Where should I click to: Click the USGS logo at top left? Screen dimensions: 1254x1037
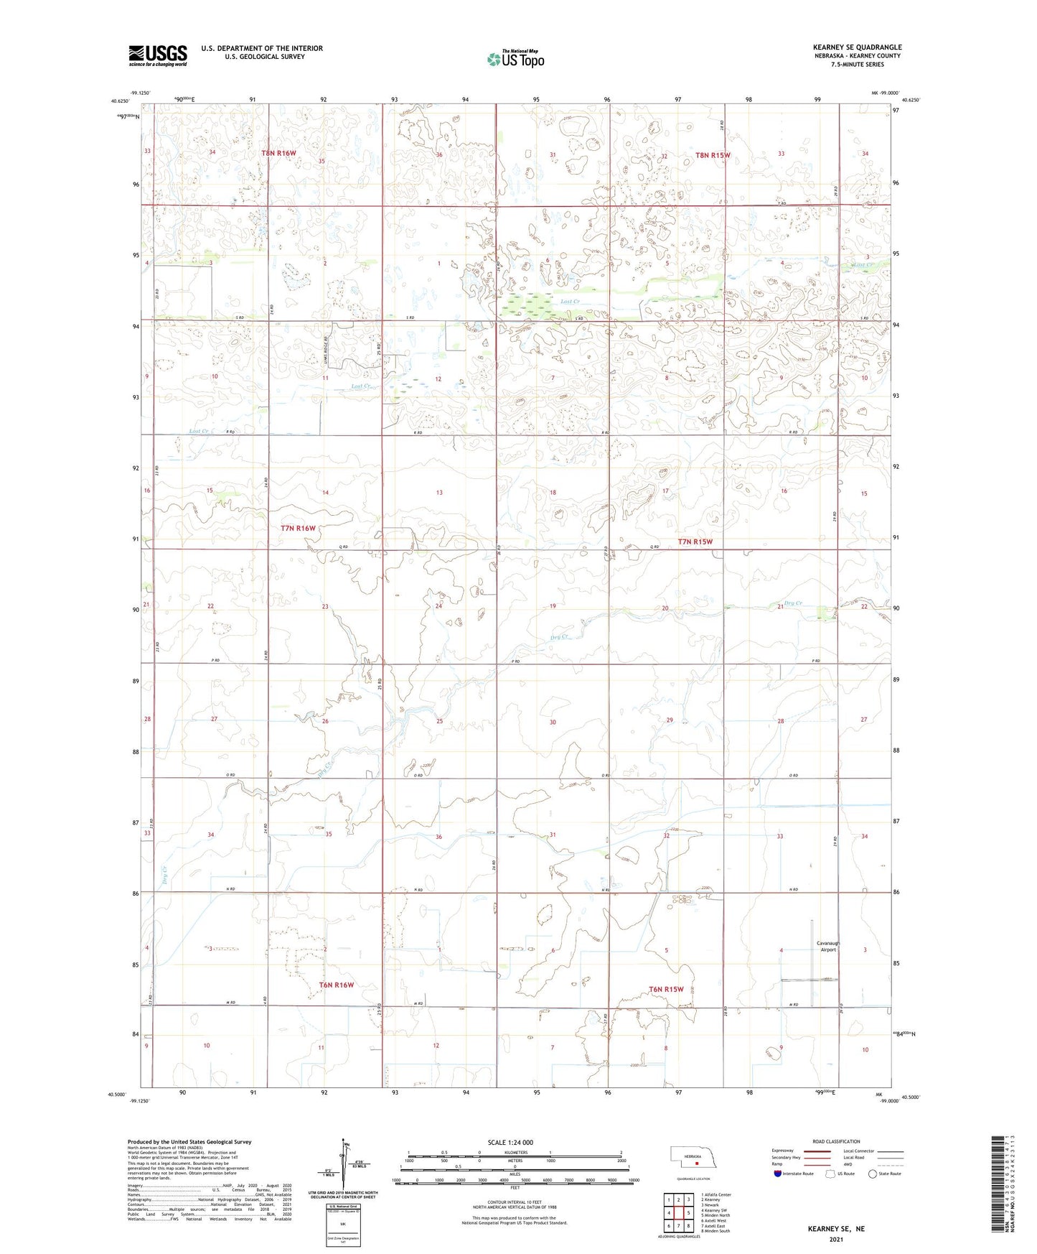(157, 55)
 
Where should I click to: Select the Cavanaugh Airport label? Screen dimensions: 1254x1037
(828, 946)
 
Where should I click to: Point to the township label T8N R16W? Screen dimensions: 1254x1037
(278, 153)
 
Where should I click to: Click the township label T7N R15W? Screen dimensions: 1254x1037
(695, 542)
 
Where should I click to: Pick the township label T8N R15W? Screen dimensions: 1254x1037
(712, 155)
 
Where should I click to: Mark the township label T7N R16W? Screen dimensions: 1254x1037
(298, 528)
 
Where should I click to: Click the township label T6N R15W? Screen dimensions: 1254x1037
(666, 989)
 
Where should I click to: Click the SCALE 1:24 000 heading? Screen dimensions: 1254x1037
(510, 1142)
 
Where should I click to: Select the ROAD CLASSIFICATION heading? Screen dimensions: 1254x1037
(836, 1141)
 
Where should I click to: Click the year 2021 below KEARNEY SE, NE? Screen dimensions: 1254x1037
(835, 1239)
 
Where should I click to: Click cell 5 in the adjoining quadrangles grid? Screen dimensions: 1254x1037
(688, 1213)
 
